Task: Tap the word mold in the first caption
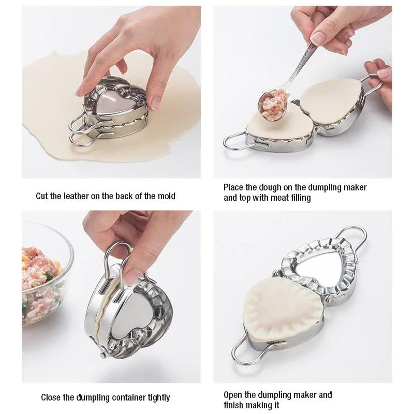click(166, 196)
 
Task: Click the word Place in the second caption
click(233, 187)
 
